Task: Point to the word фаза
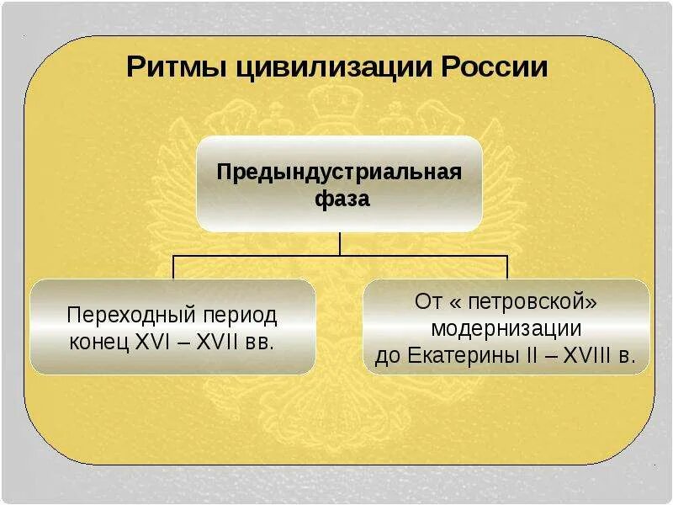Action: tap(340, 201)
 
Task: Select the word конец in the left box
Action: tap(98, 343)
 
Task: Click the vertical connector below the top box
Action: tap(340, 242)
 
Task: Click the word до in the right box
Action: tap(388, 354)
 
